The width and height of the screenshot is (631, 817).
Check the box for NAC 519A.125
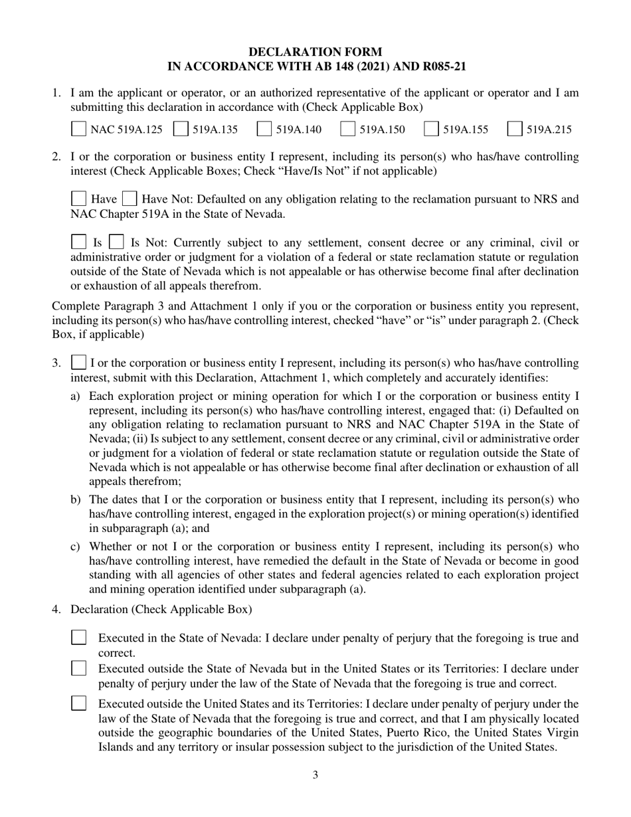click(x=78, y=130)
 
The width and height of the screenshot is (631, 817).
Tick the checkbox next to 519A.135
click(x=180, y=130)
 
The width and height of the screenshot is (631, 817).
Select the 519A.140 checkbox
click(x=264, y=130)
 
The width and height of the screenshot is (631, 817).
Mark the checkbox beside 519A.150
click(x=347, y=130)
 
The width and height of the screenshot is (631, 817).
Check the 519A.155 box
click(x=431, y=130)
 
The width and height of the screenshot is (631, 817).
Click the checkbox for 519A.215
click(x=514, y=130)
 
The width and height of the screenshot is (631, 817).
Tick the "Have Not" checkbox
click(x=130, y=199)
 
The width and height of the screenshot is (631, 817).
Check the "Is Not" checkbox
click(x=116, y=242)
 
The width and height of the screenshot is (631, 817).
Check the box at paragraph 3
click(x=78, y=363)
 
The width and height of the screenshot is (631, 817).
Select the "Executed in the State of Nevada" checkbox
click(x=78, y=638)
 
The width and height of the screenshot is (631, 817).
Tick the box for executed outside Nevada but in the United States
click(x=78, y=668)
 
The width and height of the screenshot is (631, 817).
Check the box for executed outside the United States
click(x=78, y=703)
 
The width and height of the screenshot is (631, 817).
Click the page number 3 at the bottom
click(x=315, y=774)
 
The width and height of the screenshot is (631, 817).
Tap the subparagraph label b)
click(x=76, y=499)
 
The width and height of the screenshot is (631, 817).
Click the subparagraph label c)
click(x=76, y=546)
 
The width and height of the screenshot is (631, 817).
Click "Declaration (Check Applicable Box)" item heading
click(x=161, y=609)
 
